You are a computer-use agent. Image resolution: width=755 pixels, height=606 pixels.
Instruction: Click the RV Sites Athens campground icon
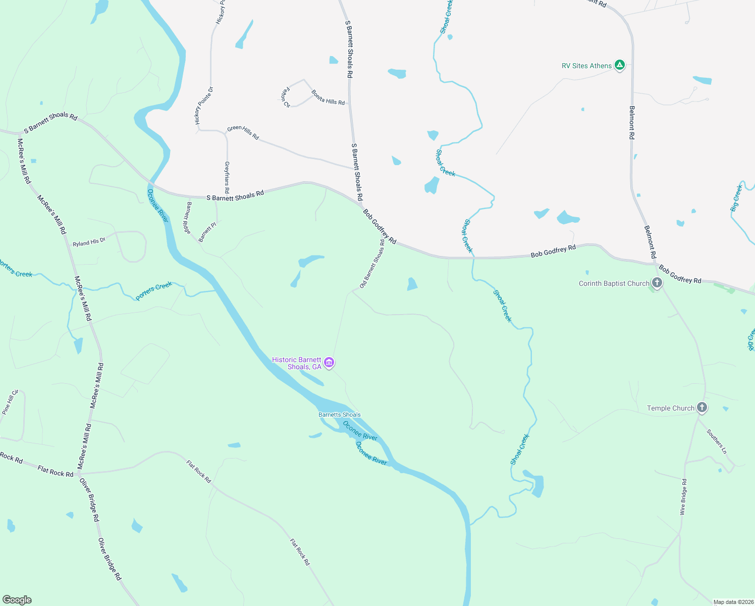coord(620,65)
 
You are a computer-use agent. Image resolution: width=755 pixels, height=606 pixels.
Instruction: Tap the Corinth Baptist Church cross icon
coord(657,283)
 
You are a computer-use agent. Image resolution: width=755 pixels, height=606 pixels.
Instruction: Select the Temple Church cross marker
coord(702,408)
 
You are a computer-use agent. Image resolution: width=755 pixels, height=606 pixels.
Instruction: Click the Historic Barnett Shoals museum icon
coord(329,362)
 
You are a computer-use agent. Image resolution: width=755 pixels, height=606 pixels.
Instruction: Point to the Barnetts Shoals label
coord(339,415)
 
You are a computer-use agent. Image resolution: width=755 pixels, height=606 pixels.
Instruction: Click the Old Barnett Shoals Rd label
coord(372,264)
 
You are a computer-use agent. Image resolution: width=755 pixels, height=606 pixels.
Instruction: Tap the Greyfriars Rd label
coord(227,177)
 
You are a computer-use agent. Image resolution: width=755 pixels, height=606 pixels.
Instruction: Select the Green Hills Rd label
coord(243,132)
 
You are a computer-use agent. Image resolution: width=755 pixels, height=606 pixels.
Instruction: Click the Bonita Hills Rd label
coord(328,97)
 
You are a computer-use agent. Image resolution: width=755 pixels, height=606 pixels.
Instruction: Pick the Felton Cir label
coord(286,97)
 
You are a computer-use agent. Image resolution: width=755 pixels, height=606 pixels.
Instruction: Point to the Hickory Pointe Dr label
coord(204,106)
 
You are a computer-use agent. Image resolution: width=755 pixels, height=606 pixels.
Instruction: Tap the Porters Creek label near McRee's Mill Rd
coord(154,291)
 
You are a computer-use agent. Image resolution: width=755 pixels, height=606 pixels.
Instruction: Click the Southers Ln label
coord(717,441)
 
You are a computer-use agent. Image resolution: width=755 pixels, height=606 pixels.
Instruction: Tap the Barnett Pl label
coord(207,232)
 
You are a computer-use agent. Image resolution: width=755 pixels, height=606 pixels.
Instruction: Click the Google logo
coord(17,600)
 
